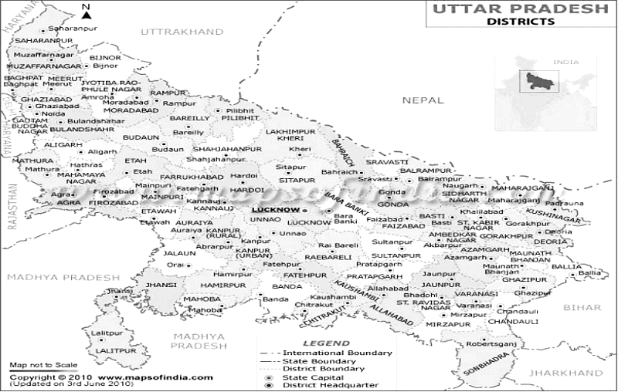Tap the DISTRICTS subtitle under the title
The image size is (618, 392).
click(x=520, y=22)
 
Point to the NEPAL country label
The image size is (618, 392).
click(x=422, y=100)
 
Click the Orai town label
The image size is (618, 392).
click(x=175, y=264)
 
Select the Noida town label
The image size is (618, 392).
click(x=53, y=114)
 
